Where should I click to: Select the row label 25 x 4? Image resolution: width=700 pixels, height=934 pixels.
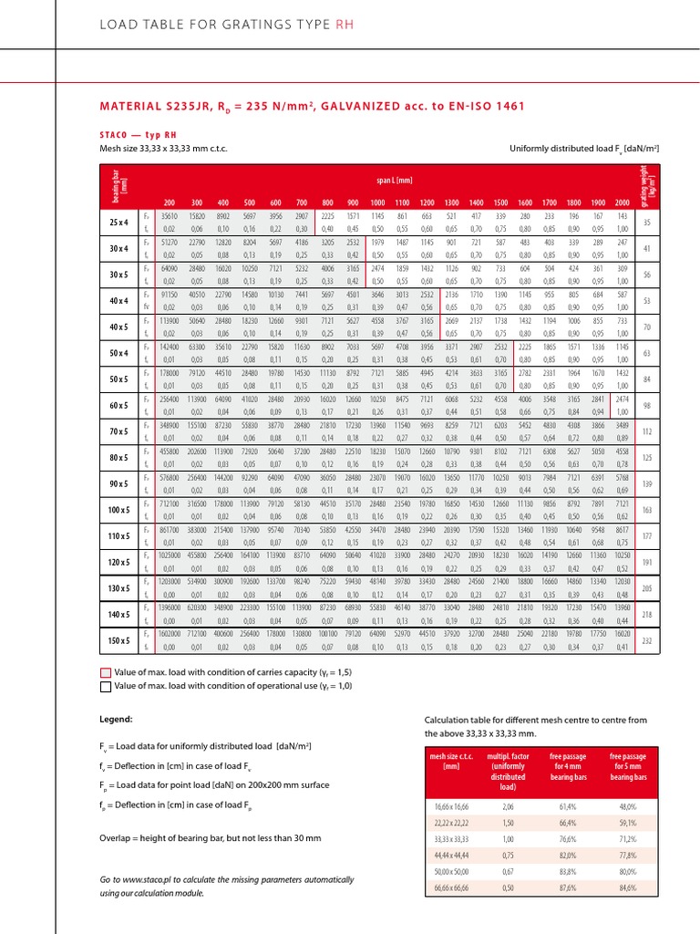click(118, 222)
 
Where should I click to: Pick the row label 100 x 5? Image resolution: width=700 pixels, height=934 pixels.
click(118, 507)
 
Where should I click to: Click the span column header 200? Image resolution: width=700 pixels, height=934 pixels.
click(169, 202)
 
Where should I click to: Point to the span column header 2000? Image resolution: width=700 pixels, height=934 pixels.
click(622, 202)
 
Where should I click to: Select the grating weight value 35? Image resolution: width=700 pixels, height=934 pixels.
click(647, 222)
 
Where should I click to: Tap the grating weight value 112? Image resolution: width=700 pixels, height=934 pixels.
click(647, 431)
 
